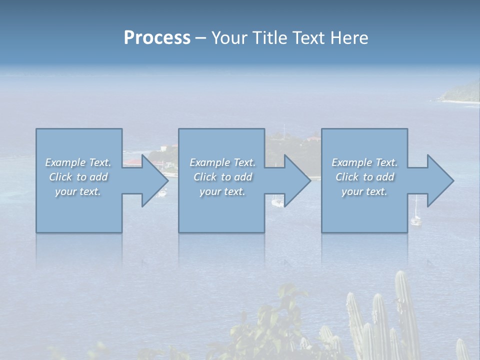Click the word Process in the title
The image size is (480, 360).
point(157,38)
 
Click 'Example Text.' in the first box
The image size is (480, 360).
point(78,162)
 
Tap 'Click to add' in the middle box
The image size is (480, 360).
point(222,177)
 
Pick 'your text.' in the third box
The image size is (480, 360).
point(364,191)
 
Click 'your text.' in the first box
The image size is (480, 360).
point(78,191)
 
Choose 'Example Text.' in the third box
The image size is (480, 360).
point(364,162)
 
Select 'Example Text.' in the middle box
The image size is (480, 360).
point(222,162)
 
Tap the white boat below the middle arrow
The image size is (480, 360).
point(277,202)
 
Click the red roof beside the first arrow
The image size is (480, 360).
point(133,162)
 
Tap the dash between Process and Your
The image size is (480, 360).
point(201,38)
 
